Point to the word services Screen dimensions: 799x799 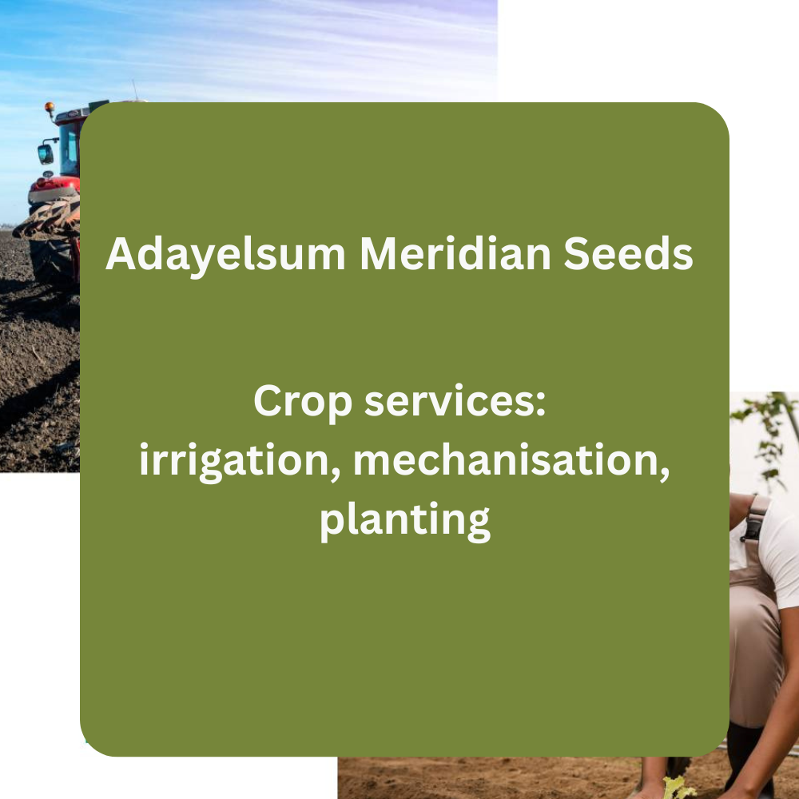pos(451,400)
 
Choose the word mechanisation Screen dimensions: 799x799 pos(506,459)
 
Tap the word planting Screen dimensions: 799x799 pos(404,520)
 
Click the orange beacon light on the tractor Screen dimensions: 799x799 pos(50,107)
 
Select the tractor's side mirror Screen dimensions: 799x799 pos(45,154)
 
